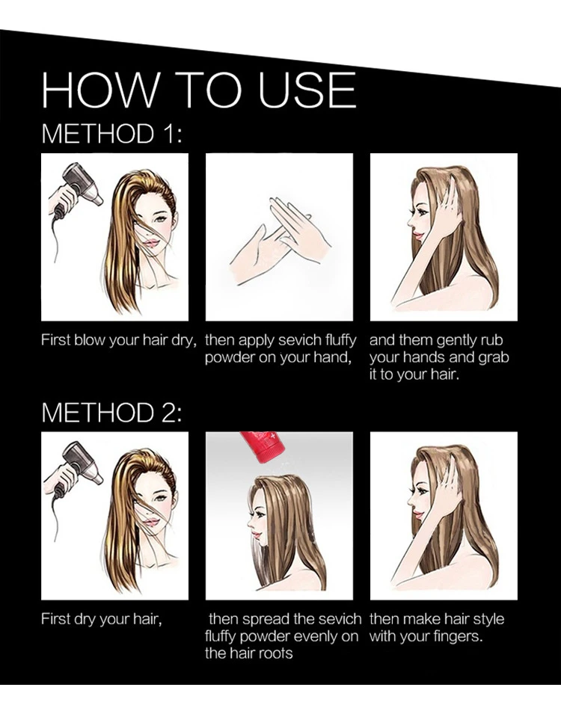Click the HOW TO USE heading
click(199, 90)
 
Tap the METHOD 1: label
click(112, 134)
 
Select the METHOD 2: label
click(112, 412)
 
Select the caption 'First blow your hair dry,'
click(119, 340)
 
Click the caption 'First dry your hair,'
click(101, 620)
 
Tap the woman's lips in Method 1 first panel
click(152, 243)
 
